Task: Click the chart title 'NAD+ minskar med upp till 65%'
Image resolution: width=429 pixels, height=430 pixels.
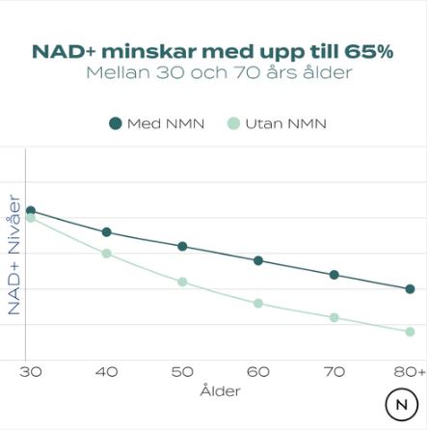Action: click(x=213, y=51)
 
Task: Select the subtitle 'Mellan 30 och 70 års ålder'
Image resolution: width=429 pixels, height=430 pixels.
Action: click(x=219, y=73)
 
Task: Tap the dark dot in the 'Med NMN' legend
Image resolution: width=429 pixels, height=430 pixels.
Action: click(x=116, y=123)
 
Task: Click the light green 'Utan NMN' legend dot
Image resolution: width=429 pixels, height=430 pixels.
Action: click(x=232, y=123)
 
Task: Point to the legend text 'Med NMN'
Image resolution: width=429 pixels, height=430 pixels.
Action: click(x=165, y=123)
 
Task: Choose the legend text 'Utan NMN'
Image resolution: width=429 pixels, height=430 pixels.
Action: click(x=285, y=123)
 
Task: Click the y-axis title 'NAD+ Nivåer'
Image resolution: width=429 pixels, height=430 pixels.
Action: click(x=13, y=255)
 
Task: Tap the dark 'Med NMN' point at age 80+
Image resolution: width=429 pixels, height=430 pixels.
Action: click(x=410, y=288)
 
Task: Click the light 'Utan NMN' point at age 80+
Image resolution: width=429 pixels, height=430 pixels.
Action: click(x=410, y=332)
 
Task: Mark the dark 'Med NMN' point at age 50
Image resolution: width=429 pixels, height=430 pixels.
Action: click(x=182, y=247)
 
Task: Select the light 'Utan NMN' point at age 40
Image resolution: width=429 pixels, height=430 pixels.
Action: click(x=106, y=254)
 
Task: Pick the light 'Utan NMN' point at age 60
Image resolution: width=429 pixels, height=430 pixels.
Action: click(x=258, y=304)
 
